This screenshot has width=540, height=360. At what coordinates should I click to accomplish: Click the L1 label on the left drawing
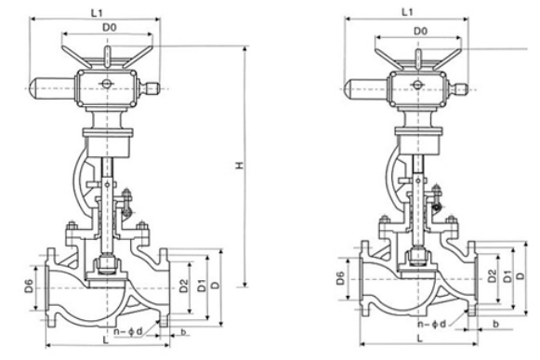(x=97, y=13)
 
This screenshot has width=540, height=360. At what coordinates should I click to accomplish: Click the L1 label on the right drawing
(x=407, y=12)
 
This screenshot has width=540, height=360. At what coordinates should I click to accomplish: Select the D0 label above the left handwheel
(x=110, y=28)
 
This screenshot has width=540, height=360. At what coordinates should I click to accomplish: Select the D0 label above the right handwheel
(x=420, y=31)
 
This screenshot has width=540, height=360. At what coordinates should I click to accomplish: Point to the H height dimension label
(x=240, y=166)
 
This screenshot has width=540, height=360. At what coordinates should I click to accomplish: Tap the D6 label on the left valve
(x=29, y=286)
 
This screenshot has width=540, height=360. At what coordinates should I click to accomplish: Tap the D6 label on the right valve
(x=340, y=278)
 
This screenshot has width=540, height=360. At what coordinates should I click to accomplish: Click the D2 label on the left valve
(x=184, y=286)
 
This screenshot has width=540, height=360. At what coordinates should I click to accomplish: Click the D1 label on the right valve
(x=508, y=276)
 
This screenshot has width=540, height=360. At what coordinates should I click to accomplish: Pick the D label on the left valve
(x=216, y=286)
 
